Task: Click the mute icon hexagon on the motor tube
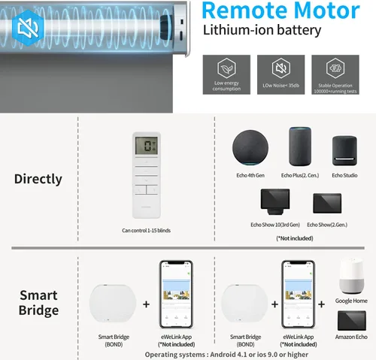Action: coord(28,28)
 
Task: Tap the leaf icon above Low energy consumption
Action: coord(226,68)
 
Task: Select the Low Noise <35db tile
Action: coord(280,74)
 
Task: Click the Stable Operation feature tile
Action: coord(335,74)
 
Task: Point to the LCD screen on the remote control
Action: coord(147,145)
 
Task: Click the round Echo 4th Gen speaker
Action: coord(250,147)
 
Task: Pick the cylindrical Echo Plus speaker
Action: coord(300,147)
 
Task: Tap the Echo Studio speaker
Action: coord(344,151)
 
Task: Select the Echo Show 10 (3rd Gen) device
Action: coord(275,201)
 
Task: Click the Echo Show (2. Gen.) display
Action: coord(327,203)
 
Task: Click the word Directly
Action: coord(38,179)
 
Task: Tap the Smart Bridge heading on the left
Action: coord(38,302)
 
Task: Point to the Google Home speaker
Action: coord(351,276)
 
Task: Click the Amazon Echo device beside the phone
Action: coord(352,321)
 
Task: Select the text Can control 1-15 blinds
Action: coord(146,231)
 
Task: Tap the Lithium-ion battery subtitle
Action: coord(262,30)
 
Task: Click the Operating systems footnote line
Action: coord(226,355)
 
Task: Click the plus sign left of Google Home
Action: coord(321,304)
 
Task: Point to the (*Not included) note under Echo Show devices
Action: coord(295,238)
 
